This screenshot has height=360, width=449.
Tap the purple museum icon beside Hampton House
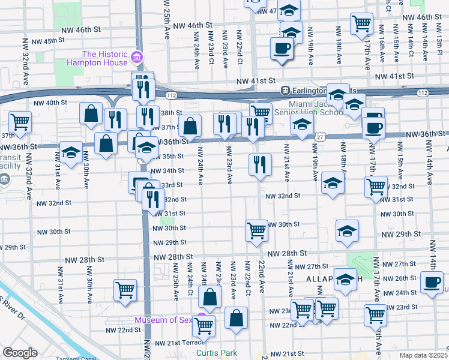[137, 58]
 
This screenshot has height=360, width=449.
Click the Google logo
[19, 353]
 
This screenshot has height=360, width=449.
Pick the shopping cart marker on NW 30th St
[256, 230]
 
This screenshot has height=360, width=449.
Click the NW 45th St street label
[49, 41]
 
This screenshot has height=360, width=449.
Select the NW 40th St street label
[50, 103]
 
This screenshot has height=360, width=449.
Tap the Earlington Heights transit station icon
[286, 91]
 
